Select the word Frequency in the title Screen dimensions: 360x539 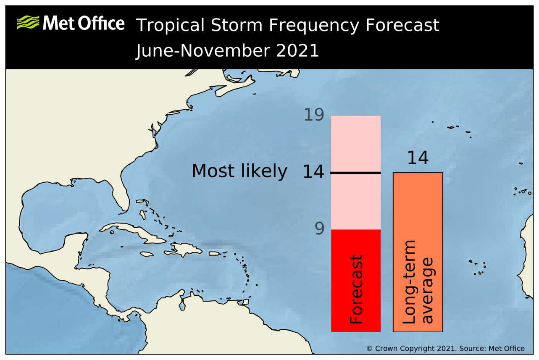tap(314, 26)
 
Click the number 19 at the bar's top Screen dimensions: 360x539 tap(314, 115)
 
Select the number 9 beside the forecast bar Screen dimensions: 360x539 tap(319, 229)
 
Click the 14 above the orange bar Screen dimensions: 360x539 tap(418, 158)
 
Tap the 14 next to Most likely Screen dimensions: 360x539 tap(313, 172)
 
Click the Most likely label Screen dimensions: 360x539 tap(239, 171)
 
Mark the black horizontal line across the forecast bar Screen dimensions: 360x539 tap(355, 173)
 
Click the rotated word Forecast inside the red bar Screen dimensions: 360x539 tap(356, 289)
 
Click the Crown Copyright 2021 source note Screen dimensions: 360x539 tap(445, 349)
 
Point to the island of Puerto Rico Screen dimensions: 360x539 tap(215, 253)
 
